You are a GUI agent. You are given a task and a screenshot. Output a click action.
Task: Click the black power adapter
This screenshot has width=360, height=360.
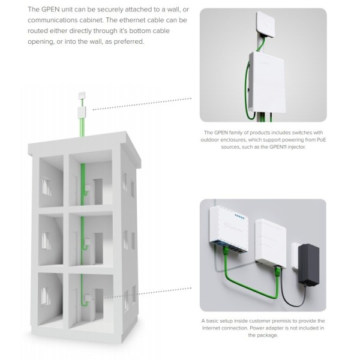point(308,265)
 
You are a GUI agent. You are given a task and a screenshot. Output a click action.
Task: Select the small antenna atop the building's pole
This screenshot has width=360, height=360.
point(82,95)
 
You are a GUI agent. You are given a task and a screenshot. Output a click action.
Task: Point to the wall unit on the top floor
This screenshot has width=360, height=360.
point(87,189)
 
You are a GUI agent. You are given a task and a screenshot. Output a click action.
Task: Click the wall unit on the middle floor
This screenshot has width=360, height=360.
point(88,242)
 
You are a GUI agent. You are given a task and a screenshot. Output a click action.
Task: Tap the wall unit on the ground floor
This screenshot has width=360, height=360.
point(88,298)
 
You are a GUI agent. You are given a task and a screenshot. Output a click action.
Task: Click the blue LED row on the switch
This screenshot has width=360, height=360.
point(239,216)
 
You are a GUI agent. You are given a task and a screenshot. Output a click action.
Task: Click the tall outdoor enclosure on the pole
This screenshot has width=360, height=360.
point(267,82)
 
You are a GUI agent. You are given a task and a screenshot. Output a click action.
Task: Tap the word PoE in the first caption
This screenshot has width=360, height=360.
point(322,140)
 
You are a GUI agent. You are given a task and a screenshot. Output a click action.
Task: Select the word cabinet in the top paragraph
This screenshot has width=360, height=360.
point(91,20)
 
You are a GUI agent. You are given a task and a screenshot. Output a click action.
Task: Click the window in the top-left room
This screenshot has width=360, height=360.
point(46,187)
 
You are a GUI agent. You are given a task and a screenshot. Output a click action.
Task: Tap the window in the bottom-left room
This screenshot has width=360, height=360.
point(45,296)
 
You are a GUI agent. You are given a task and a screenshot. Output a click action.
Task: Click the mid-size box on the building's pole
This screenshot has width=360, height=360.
point(82,112)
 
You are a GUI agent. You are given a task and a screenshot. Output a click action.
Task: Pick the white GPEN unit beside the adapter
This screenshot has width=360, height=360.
point(271,244)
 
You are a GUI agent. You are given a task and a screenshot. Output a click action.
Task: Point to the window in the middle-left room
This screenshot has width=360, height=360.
point(46,241)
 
